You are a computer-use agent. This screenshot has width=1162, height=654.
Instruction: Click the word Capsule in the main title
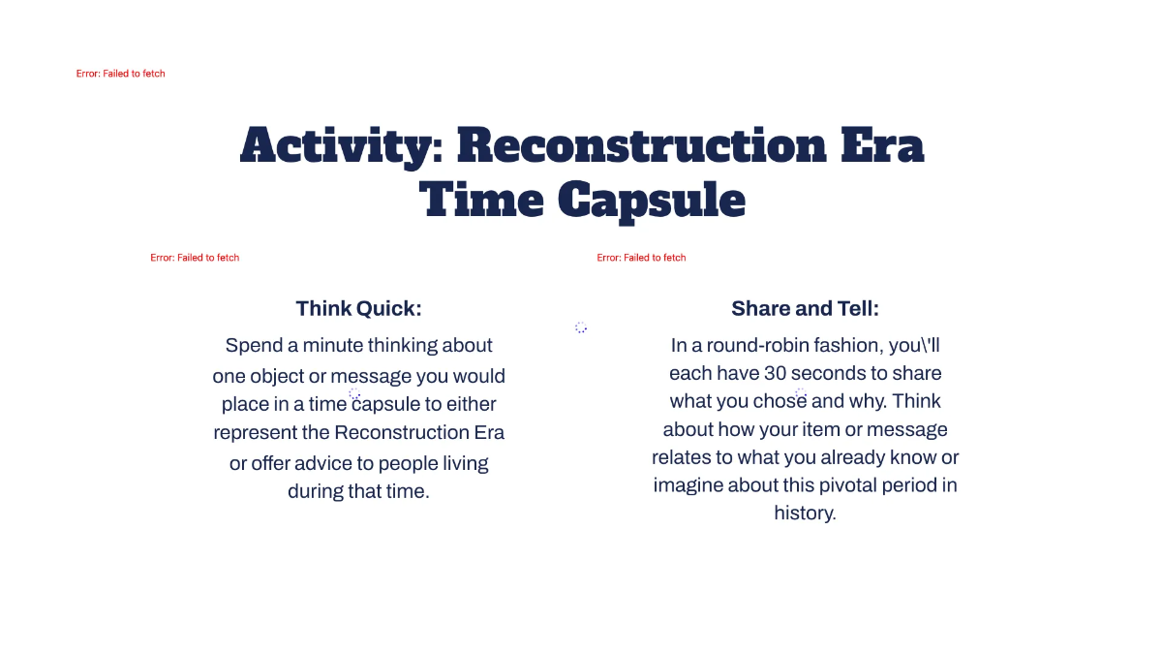(653, 201)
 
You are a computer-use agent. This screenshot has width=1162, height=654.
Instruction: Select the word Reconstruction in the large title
(642, 146)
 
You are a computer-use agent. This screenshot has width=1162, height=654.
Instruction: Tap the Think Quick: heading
(358, 308)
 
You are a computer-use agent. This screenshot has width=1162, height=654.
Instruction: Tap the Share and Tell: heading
(805, 308)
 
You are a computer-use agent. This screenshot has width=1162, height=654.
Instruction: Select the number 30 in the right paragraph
(775, 373)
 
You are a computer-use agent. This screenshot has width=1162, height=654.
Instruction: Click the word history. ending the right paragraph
(805, 513)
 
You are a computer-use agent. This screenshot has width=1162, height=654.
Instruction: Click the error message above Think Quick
(195, 258)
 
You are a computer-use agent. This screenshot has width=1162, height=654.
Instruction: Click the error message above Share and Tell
(641, 258)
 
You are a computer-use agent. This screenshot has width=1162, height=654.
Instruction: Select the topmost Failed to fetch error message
(120, 74)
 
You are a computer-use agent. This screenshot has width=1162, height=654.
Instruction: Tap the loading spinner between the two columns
(581, 327)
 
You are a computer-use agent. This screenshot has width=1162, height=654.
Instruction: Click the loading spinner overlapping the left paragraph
(354, 394)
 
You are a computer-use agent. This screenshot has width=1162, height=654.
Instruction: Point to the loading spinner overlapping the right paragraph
(801, 393)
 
